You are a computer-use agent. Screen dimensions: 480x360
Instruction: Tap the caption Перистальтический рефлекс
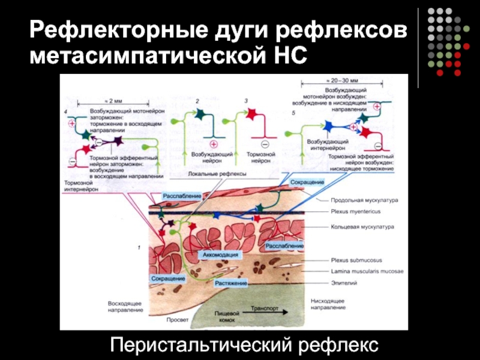[x=245, y=344]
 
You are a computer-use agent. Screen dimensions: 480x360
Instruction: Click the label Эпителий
[x=344, y=282]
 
